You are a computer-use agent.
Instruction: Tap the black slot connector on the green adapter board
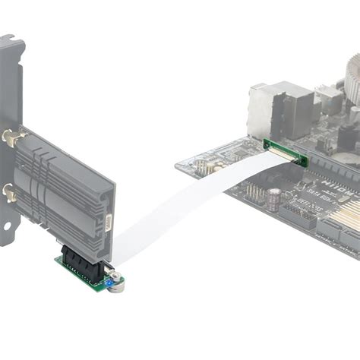click(84, 263)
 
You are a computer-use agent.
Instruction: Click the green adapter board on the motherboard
click(286, 151)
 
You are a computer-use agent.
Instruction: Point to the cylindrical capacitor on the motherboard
click(273, 199)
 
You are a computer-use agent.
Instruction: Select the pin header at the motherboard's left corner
click(203, 167)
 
